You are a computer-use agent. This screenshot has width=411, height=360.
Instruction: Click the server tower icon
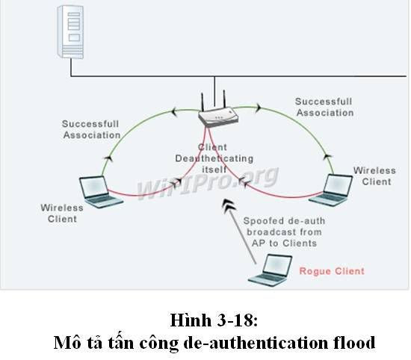[70, 31]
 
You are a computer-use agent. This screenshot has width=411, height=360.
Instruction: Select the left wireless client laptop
[101, 192]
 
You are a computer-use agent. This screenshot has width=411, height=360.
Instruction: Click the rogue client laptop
[271, 270]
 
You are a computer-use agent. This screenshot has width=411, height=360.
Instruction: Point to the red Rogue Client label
[332, 271]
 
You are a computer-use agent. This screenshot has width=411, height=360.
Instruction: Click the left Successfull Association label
[91, 129]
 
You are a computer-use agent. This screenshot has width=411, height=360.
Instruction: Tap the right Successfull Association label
[324, 107]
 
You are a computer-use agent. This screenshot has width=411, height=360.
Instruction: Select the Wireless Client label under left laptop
[62, 214]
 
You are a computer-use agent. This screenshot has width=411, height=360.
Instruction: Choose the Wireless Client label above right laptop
[375, 176]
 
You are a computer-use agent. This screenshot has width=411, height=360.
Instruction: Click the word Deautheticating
[214, 158]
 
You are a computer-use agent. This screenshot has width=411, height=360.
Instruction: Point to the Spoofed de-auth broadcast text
[285, 232]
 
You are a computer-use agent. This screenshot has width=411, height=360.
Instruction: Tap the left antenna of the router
[203, 102]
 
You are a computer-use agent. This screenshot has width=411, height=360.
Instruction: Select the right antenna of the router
[224, 99]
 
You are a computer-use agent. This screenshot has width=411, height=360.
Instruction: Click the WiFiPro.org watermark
[207, 181]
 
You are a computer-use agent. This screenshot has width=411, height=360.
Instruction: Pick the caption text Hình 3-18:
[214, 320]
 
